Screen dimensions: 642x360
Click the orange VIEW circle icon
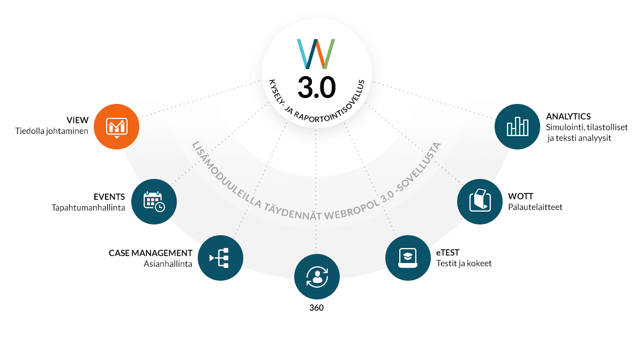pos(117,127)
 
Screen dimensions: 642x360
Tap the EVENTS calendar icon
pos(154,201)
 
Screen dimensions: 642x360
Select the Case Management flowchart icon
pos(220,258)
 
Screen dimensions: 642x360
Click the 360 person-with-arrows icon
pos(317,276)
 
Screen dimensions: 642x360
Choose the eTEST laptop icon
pos(408,258)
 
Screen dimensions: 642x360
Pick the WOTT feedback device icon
pos(480,201)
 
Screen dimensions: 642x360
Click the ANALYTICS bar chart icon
pos(518,127)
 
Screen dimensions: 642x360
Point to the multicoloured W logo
pos(316,54)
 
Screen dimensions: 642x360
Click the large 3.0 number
pos(317,87)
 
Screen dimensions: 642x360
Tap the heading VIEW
pos(77,121)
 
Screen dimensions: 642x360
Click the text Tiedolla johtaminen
pos(51,131)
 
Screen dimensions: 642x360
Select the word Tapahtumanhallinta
pos(88,208)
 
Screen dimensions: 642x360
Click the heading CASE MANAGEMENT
pos(150,253)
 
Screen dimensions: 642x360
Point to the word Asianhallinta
pos(168,264)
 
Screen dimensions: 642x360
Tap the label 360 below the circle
pos(317,307)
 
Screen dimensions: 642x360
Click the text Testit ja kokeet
pos(464,264)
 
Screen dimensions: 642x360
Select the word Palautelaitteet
pos(535,207)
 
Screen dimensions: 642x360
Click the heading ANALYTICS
pos(568,117)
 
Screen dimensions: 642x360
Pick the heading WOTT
pos(520,197)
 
